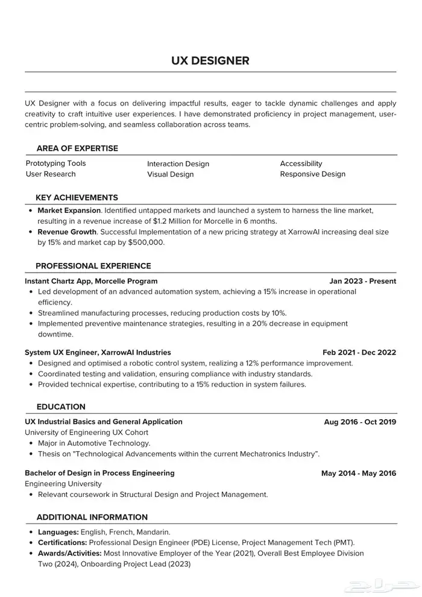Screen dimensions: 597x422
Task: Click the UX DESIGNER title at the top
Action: pos(210,60)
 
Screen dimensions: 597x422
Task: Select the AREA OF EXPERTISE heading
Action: pos(77,148)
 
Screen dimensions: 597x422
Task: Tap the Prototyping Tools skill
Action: pos(55,163)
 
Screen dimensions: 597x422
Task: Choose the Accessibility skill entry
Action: pos(301,163)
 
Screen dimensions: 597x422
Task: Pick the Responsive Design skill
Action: pos(312,174)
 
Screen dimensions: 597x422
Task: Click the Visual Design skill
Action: pos(170,174)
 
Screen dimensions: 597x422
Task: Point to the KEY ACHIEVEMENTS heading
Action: pos(77,197)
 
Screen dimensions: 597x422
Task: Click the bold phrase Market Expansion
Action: pos(69,210)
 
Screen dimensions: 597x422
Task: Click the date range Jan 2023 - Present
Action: pos(363,281)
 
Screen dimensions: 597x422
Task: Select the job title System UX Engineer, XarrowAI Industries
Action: pos(98,352)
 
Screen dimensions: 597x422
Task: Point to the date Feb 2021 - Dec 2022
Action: pos(359,352)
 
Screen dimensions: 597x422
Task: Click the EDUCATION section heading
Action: pos(61,406)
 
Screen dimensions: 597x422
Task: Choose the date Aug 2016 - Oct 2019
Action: pos(360,422)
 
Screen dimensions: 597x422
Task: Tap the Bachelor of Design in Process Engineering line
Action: pos(99,473)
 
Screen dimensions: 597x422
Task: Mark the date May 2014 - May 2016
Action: pos(359,473)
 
